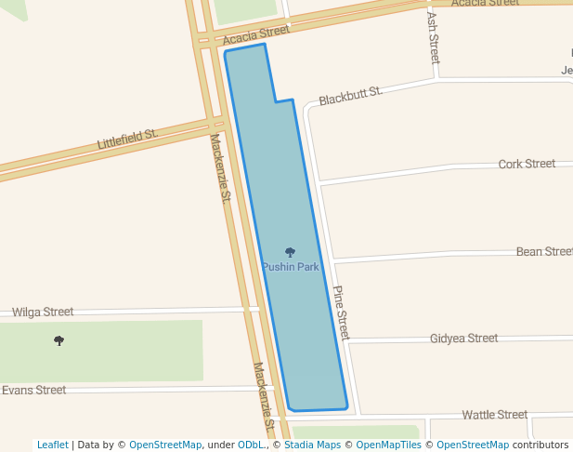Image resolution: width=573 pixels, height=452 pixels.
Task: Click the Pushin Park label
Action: (290, 267)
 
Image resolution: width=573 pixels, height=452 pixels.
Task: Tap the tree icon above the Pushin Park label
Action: (290, 252)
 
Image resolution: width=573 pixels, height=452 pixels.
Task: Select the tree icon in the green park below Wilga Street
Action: (59, 340)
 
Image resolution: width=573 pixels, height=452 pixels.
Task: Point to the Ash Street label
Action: (434, 37)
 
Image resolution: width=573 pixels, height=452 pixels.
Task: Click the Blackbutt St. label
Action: (350, 96)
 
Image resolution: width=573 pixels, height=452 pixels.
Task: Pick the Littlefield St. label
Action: (128, 140)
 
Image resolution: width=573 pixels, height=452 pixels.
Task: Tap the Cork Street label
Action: (527, 164)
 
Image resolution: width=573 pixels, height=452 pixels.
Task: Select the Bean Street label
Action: (544, 251)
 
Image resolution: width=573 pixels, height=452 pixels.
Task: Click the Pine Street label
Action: (341, 312)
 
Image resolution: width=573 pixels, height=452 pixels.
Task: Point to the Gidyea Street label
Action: (463, 339)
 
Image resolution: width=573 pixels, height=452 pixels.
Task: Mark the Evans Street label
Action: (33, 390)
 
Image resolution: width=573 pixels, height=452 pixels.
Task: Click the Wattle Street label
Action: (495, 414)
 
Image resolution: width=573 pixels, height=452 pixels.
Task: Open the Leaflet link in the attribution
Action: (53, 445)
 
